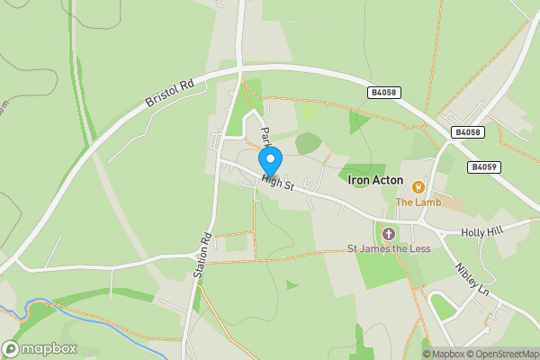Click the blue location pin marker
point(270,161)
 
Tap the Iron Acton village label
point(374,181)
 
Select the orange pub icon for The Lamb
point(418,187)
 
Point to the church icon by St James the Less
point(388,234)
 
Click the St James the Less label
point(389,248)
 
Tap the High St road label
point(278,181)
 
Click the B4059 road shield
point(483,166)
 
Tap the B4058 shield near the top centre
point(383,92)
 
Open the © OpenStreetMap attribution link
point(500,354)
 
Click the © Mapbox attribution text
point(441,354)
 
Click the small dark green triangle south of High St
point(292,285)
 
